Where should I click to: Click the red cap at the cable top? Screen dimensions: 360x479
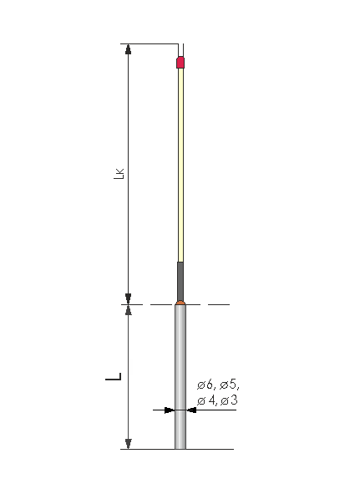(x=180, y=63)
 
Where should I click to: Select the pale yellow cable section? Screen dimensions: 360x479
(x=180, y=165)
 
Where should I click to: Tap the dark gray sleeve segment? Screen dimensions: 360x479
(x=180, y=281)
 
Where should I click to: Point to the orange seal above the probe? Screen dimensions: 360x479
(x=180, y=303)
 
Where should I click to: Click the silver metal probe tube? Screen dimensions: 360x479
(x=180, y=377)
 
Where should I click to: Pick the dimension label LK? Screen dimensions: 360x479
(x=119, y=174)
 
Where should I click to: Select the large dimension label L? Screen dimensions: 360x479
(x=114, y=376)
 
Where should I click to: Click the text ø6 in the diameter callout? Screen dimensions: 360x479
(x=205, y=385)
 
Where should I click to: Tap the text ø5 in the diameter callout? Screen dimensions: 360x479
(x=228, y=385)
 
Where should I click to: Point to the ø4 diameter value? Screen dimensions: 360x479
(x=205, y=400)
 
